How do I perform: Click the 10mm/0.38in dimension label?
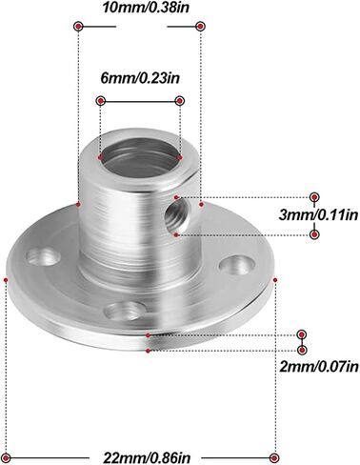(145, 8)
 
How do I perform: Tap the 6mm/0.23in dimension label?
(140, 78)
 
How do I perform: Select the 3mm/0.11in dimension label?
(318, 215)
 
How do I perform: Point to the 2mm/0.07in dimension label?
(319, 367)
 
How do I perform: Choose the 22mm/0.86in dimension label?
(147, 458)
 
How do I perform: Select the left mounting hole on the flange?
(43, 257)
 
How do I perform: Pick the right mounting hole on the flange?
(237, 265)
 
